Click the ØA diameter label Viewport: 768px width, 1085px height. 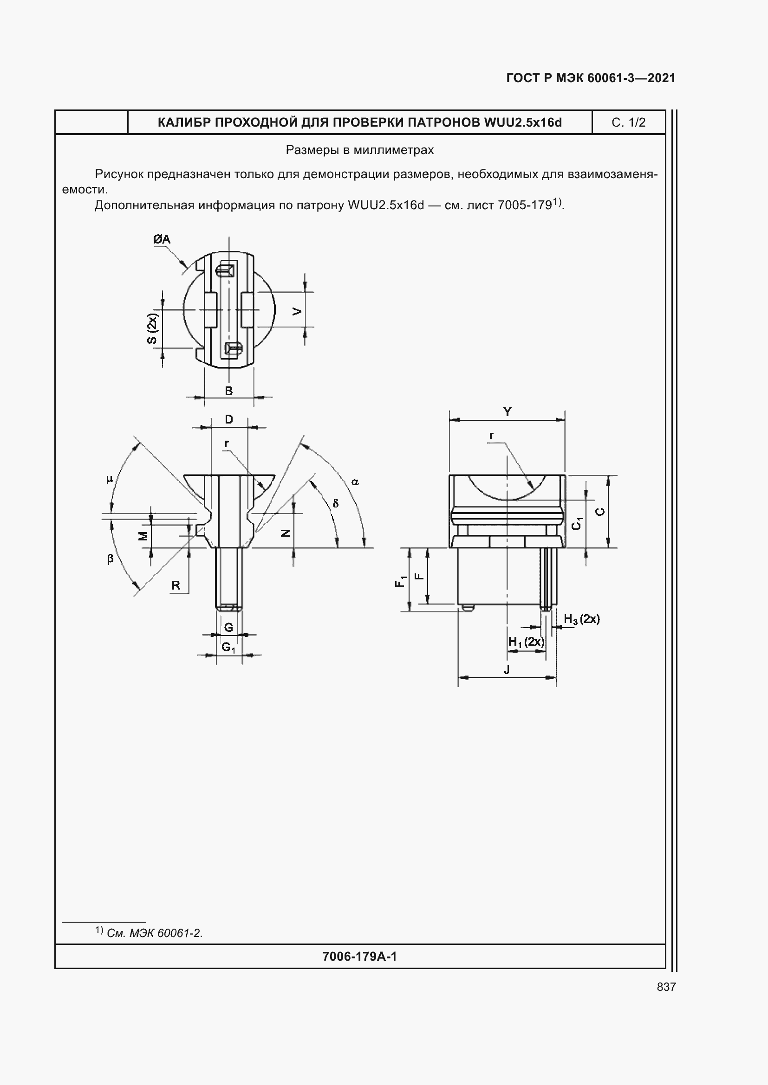coord(162,239)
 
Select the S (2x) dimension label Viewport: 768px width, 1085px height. coord(152,328)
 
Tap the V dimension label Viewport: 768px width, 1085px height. coord(297,311)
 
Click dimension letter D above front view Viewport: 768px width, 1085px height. coord(229,419)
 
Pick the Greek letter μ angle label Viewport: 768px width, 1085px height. coord(110,480)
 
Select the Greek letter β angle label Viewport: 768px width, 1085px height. coord(110,559)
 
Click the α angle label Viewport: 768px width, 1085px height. coord(355,482)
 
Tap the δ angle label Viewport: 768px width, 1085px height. coord(336,503)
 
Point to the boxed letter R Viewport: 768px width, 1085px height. coord(176,585)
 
